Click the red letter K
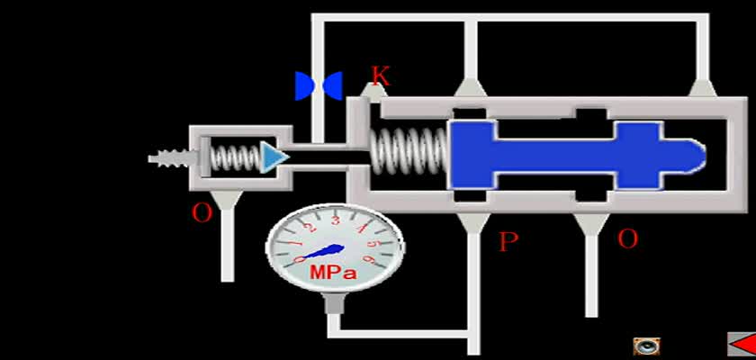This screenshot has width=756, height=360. (380, 76)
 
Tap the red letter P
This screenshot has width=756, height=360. (508, 241)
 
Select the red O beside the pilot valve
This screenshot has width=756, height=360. (202, 212)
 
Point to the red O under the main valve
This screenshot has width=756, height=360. (628, 238)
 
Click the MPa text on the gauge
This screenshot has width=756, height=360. (333, 274)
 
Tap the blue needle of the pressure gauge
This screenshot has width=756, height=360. (319, 253)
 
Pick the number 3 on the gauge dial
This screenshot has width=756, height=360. (336, 220)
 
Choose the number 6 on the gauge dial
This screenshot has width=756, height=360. (370, 260)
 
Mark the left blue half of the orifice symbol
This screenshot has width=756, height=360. (304, 86)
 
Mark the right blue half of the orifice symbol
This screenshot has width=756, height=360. (333, 86)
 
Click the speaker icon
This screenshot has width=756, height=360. (646, 346)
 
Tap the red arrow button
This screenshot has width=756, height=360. (742, 344)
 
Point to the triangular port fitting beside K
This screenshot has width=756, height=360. (374, 92)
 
